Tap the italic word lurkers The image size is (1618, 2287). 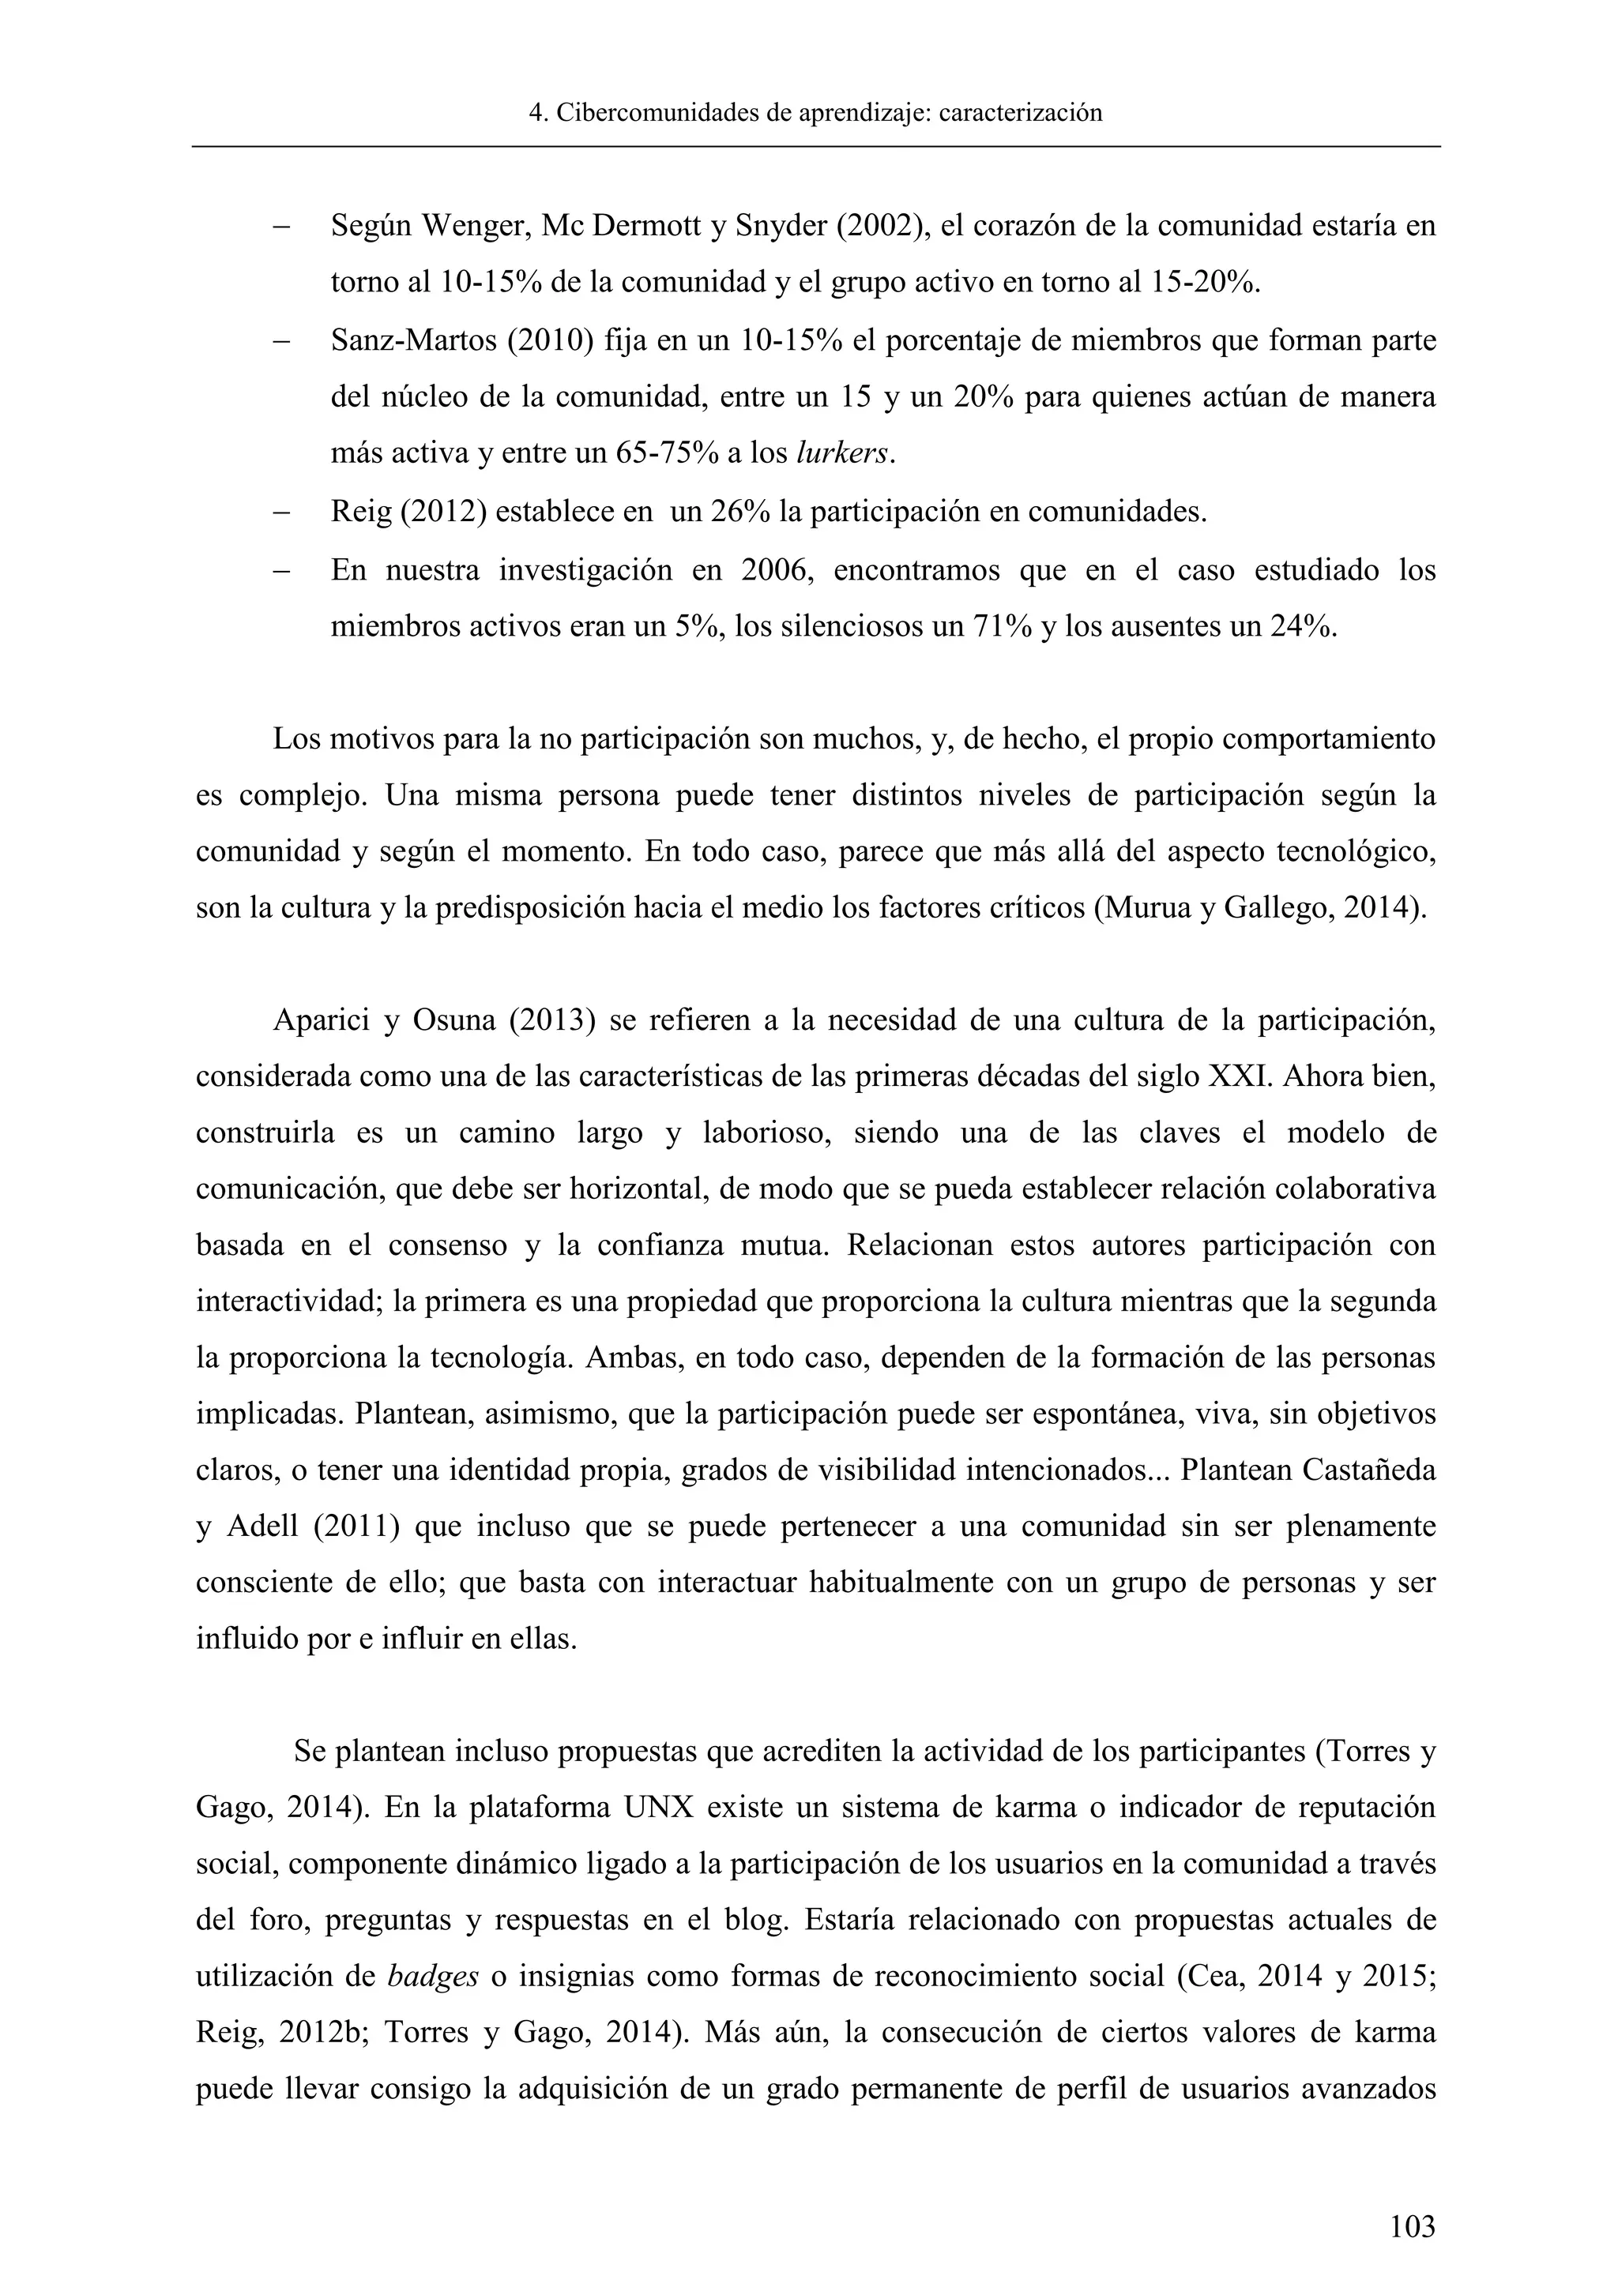pyautogui.click(x=844, y=454)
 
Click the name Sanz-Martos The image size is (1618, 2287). pyautogui.click(x=413, y=340)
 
